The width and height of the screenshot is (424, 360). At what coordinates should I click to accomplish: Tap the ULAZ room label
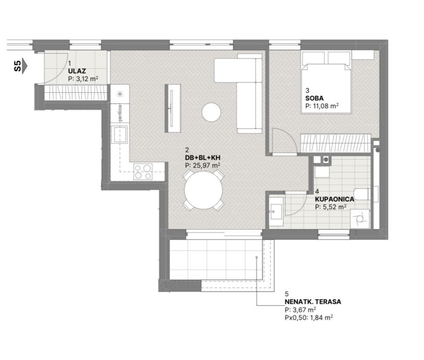(x=77, y=71)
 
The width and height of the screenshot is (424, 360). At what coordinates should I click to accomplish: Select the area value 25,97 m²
(x=202, y=165)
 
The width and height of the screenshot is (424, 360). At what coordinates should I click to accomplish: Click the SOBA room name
(x=314, y=98)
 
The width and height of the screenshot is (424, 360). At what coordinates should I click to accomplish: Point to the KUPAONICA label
(x=334, y=199)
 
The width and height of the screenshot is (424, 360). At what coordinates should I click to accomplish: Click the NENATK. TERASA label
(x=313, y=302)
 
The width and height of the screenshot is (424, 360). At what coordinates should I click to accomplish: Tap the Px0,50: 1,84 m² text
(x=309, y=318)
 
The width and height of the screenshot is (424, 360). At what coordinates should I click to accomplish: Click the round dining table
(x=203, y=190)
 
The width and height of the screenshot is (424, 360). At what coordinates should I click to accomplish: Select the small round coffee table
(x=211, y=112)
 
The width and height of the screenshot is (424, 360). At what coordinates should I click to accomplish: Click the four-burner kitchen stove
(x=143, y=172)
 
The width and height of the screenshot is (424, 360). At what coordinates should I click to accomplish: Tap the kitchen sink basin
(x=120, y=135)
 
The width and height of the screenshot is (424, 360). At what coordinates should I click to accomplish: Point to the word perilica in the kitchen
(x=120, y=113)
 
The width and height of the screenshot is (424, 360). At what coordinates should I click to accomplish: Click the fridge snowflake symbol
(x=120, y=94)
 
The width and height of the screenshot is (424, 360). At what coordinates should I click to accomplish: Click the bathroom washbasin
(x=276, y=211)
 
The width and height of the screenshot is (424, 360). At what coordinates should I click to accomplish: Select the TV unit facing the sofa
(x=173, y=109)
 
